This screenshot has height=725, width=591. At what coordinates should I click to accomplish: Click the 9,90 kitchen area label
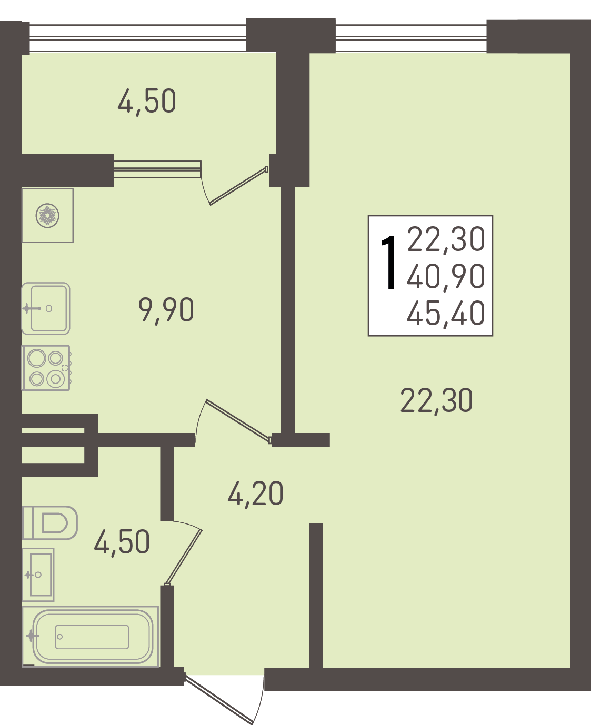(166, 309)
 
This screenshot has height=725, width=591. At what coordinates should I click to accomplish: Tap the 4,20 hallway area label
(255, 493)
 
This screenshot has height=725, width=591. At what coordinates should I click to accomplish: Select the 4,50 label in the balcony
(147, 100)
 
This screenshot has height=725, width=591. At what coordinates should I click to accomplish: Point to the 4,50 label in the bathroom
(122, 541)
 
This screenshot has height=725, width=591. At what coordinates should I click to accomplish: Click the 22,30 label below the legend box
(436, 400)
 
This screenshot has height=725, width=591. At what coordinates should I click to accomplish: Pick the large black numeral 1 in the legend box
(389, 263)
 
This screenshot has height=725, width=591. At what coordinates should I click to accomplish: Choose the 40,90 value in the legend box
(446, 276)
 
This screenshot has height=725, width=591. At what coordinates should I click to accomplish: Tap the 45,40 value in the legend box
(446, 313)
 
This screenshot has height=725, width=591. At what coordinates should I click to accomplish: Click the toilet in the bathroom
(49, 523)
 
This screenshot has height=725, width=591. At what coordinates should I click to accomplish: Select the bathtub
(91, 637)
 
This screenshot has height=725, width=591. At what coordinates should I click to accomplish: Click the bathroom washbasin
(38, 575)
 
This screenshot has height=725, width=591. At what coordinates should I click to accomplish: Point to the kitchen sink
(46, 308)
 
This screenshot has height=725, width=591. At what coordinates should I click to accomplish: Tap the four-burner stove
(46, 368)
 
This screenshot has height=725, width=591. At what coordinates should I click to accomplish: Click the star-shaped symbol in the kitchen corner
(47, 216)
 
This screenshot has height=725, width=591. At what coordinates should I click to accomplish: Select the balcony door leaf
(238, 186)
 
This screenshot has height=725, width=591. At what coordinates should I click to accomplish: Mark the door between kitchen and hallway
(238, 421)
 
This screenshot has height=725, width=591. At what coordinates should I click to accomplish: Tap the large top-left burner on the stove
(36, 358)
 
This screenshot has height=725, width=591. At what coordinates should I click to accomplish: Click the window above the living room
(411, 38)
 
